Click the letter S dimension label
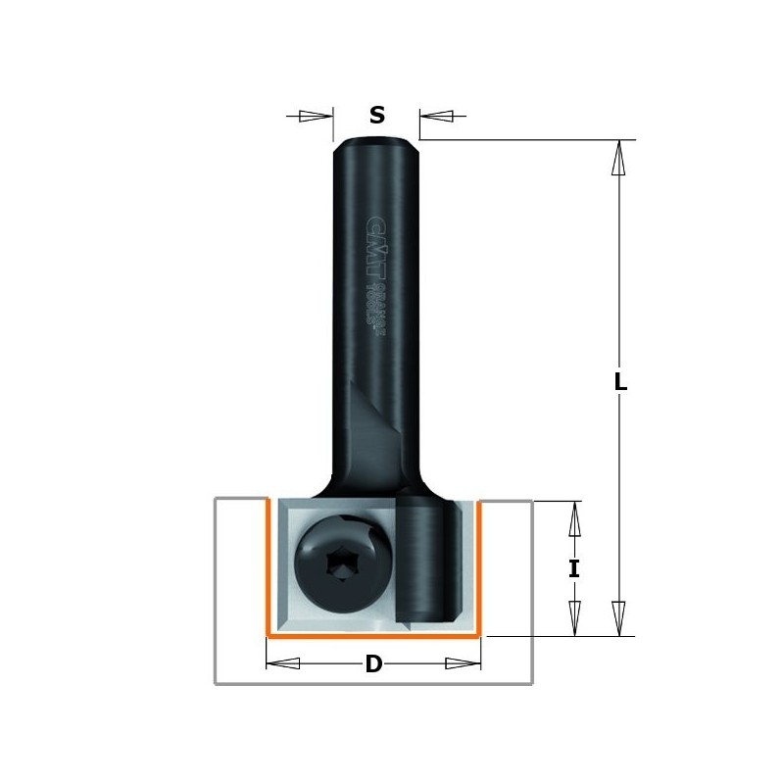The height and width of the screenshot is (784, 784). point(377,116)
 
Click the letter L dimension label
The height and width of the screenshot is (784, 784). point(619,383)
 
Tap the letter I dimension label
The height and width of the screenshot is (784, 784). point(574,568)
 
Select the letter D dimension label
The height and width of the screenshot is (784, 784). point(373,664)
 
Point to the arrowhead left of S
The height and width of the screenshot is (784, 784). point(316,116)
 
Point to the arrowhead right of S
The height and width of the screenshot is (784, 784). point(437,117)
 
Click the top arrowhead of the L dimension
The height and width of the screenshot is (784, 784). point(617,159)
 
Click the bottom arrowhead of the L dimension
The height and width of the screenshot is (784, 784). point(617,618)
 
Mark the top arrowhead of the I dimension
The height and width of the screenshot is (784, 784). point(575,519)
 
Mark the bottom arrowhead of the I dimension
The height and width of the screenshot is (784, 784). point(575,617)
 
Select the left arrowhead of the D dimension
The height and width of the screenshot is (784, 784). point(284,663)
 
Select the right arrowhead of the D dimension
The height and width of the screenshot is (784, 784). point(463,663)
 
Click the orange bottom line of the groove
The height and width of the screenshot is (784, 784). point(373,635)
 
